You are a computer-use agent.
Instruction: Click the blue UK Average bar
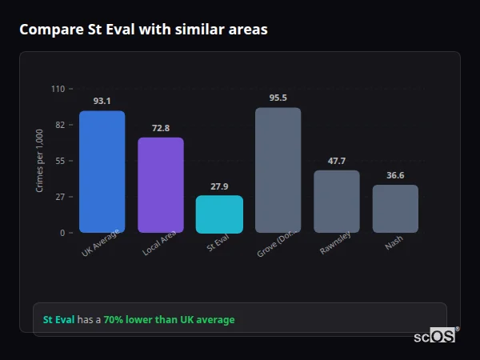102,172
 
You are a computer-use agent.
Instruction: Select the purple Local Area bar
161,185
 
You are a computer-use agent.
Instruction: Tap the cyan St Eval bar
219,214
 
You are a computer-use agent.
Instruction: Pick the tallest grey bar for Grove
278,170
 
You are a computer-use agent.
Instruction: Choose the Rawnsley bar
337,202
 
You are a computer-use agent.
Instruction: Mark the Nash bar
395,209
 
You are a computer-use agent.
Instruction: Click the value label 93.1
102,101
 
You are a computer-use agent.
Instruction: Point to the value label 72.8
161,128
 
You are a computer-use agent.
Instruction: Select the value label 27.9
219,186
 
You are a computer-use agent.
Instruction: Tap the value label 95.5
278,98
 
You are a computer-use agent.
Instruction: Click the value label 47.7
337,161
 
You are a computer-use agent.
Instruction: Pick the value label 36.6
395,175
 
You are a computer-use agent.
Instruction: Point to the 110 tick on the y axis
58,89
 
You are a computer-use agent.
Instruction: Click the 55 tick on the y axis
60,161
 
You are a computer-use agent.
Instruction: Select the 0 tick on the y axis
62,233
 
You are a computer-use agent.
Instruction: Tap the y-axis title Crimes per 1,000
40,161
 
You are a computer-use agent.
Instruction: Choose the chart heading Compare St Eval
143,30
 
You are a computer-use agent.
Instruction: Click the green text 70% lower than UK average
169,320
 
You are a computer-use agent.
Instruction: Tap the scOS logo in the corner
435,336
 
